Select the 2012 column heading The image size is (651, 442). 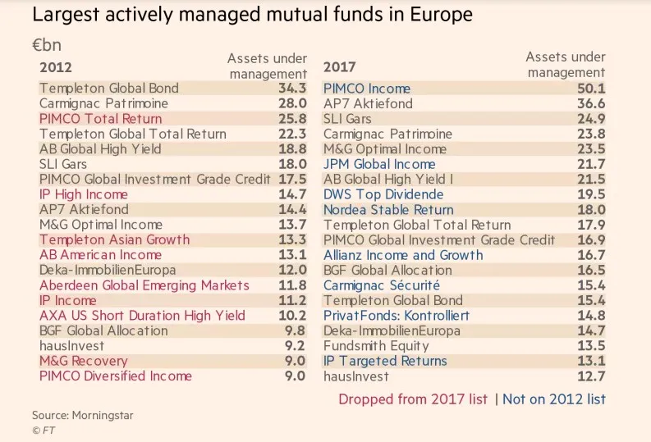coord(56,67)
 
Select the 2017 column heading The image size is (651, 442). coord(339,67)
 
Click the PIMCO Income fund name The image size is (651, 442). coord(366,89)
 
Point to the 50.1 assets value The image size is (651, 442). coord(591,89)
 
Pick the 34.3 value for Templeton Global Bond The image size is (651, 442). coord(292,89)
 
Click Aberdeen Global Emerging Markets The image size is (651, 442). coord(144,285)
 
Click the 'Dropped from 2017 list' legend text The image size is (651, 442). coord(412,399)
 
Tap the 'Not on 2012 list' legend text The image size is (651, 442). coord(554,399)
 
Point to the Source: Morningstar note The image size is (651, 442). coord(82,416)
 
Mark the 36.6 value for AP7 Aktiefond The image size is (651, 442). coord(591,104)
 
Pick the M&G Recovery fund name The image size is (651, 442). coord(83,361)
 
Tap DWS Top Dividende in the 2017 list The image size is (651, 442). coord(383,194)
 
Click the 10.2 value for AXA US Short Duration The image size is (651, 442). coord(292,316)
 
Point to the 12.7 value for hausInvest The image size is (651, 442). coord(591,376)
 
